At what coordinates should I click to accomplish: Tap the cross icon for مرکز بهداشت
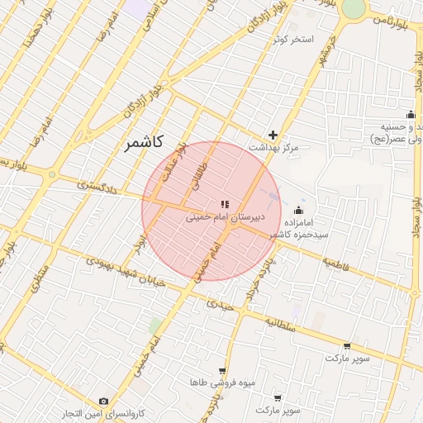tap(273, 135)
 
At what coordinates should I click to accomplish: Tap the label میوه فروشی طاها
tap(222, 383)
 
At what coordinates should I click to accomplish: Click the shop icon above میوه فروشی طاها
tap(221, 371)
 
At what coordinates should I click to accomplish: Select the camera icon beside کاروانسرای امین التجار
tap(102, 402)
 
